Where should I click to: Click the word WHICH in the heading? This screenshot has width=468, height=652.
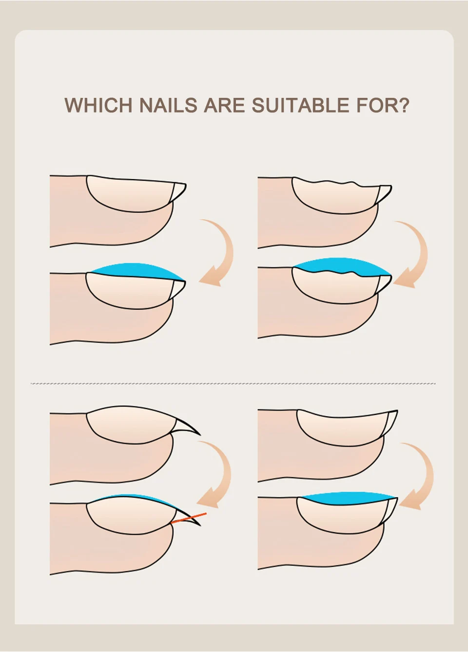point(98,105)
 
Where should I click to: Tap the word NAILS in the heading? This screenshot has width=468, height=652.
point(169,105)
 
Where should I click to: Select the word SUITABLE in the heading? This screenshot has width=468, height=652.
point(300,105)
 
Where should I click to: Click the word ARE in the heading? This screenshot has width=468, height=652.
point(224,105)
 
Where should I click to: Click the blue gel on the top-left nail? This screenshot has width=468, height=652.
point(137,270)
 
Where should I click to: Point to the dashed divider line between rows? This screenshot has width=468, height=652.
point(233,384)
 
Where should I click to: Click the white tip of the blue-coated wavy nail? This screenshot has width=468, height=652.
point(384,284)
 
